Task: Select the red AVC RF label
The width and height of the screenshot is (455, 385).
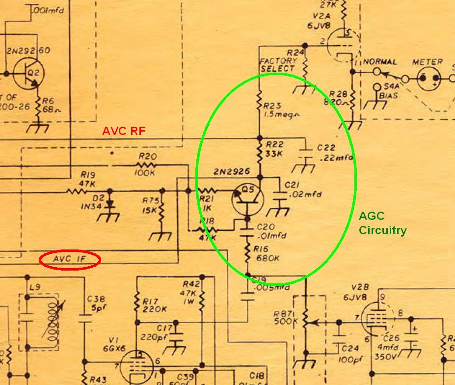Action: [123, 131]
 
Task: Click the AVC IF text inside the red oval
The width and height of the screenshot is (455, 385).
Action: [70, 260]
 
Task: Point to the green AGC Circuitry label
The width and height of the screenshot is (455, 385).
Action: [382, 223]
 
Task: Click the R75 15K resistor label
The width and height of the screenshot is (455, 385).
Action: [149, 205]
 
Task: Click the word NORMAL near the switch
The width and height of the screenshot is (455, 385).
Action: [380, 62]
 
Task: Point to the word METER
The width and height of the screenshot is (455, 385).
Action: [427, 62]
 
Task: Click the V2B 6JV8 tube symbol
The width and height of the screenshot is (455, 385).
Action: [377, 319]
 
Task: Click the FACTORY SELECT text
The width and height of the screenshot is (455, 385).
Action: [278, 64]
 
